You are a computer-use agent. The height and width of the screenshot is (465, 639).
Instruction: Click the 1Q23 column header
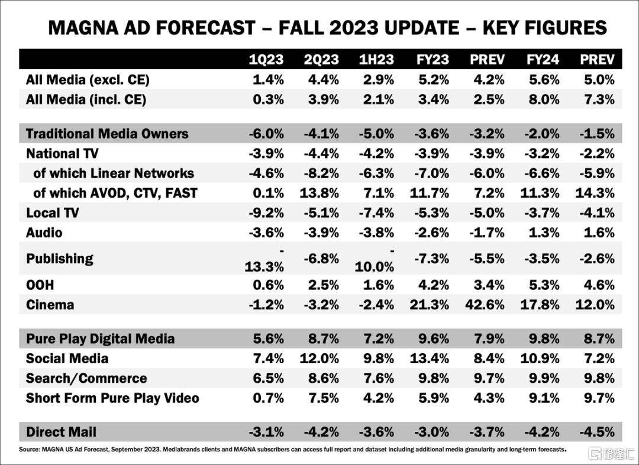(266, 60)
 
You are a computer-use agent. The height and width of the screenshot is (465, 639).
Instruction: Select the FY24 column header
(543, 60)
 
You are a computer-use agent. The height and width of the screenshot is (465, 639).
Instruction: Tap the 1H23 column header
(376, 60)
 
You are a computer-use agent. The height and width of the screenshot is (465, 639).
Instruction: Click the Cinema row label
(50, 305)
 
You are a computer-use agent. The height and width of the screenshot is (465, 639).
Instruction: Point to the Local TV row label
(52, 213)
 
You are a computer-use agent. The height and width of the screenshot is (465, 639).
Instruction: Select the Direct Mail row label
(61, 432)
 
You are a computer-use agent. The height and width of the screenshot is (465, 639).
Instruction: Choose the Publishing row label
(60, 259)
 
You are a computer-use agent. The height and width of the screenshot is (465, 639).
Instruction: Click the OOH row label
(40, 285)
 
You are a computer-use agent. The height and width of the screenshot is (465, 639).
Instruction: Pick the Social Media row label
(67, 359)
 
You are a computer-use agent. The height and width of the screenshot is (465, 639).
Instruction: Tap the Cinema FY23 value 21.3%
(429, 305)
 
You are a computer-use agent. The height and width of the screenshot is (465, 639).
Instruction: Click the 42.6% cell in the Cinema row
(485, 305)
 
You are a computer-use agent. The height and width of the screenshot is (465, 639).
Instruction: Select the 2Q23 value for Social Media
(319, 359)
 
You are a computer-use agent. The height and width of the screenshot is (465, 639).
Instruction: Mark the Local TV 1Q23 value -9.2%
(266, 213)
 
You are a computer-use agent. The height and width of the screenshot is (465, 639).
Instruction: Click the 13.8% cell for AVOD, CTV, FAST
(319, 193)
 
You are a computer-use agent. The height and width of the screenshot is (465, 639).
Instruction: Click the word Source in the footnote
(28, 450)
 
